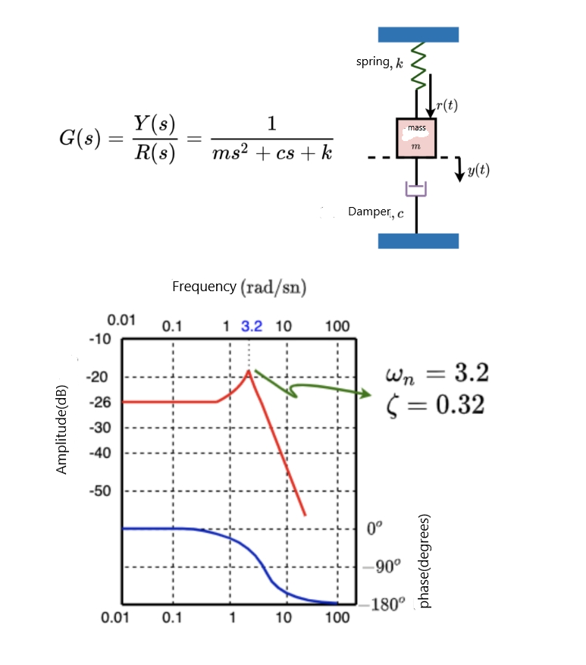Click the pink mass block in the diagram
[x=416, y=137]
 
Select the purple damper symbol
[x=416, y=188]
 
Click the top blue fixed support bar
[x=418, y=34]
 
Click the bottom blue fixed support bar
[x=418, y=241]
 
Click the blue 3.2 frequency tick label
[x=252, y=327]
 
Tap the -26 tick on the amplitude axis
[x=101, y=402]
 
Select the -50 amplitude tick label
[x=101, y=490]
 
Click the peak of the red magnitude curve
[x=248, y=371]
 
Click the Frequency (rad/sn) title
[x=239, y=287]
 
